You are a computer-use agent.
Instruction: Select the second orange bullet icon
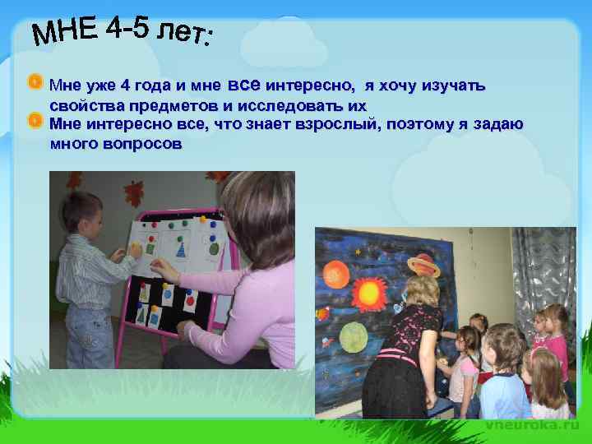(35, 122)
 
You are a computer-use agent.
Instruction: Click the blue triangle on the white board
(181, 247)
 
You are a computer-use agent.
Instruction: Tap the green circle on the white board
(215, 247)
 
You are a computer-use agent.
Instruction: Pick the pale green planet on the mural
(354, 335)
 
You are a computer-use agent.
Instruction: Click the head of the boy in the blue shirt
(502, 346)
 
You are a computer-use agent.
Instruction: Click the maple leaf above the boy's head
(133, 192)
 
